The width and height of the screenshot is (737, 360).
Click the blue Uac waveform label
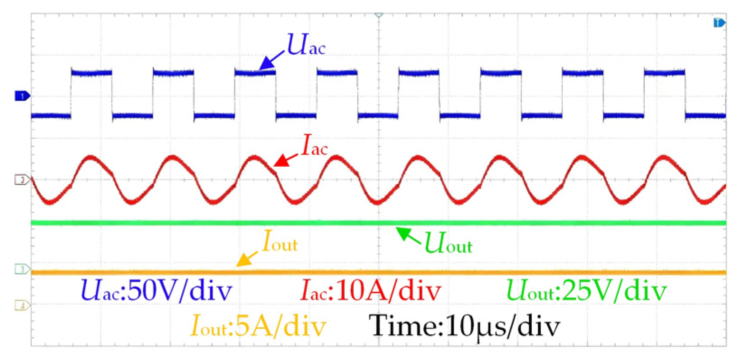[306, 46]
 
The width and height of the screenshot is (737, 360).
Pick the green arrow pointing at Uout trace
[408, 236]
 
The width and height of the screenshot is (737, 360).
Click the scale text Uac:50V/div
[156, 290]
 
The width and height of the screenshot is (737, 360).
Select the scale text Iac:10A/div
[371, 290]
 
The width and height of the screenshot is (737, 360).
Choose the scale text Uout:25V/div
[586, 290]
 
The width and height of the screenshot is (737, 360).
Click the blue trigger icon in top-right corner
[719, 23]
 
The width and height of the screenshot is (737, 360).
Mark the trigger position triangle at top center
[379, 15]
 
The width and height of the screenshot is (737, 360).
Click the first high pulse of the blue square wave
[91, 72]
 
